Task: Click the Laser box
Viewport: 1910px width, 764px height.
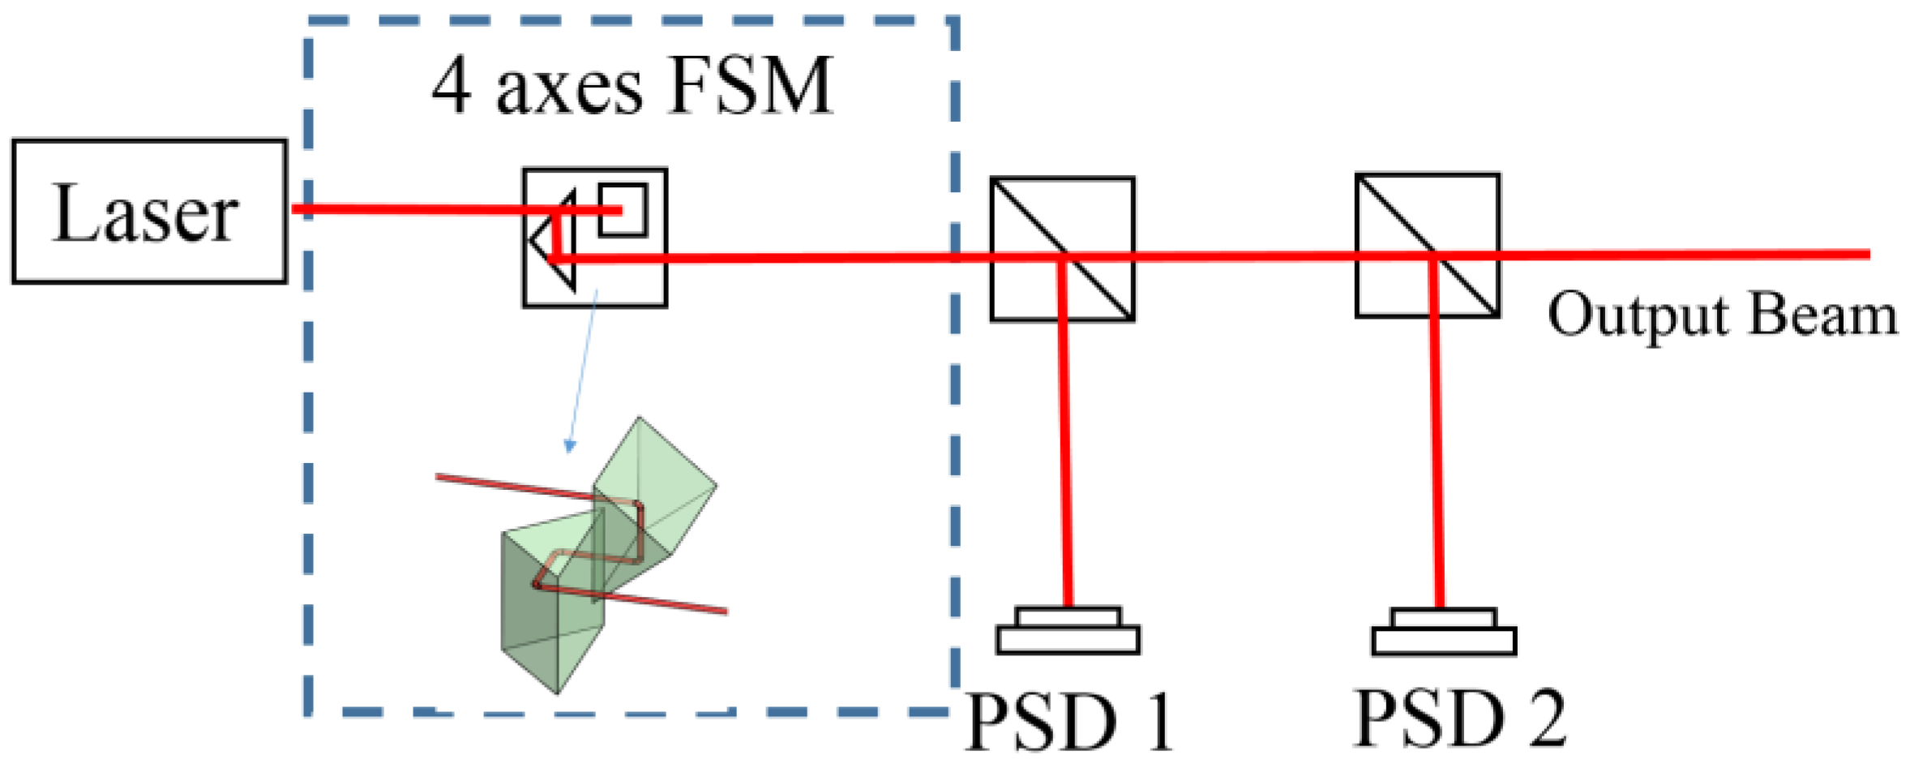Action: point(149,212)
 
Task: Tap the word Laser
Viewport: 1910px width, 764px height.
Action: point(146,213)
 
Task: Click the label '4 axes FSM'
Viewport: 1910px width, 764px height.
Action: point(632,86)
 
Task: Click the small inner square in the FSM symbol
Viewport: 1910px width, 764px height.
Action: point(623,210)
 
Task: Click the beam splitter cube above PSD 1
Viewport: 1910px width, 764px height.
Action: point(1062,249)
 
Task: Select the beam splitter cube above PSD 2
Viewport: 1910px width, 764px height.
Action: point(1427,245)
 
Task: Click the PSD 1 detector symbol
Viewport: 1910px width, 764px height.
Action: point(1068,631)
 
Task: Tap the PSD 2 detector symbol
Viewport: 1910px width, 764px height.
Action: point(1443,632)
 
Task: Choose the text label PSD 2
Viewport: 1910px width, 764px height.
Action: point(1459,718)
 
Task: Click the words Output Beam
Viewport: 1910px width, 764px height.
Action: point(1722,315)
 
